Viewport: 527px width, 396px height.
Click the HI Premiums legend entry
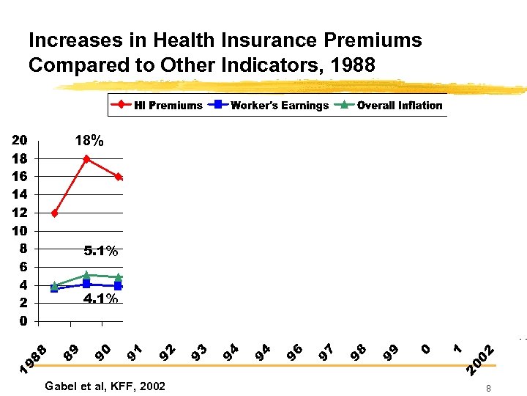coord(157,105)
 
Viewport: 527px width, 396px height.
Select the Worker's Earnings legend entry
coord(269,105)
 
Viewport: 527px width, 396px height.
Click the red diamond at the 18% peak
coord(86,158)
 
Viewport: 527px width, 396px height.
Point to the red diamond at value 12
coord(55,213)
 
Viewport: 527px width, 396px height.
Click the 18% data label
coord(89,141)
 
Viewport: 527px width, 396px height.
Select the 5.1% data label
coord(101,252)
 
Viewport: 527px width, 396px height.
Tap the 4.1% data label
coord(101,298)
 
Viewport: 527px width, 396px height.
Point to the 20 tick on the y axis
coord(20,140)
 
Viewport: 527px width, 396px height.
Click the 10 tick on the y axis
coord(20,231)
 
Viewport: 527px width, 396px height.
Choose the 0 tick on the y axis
coord(23,321)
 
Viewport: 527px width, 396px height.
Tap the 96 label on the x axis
coord(295,353)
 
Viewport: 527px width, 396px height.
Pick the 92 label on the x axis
coord(168,353)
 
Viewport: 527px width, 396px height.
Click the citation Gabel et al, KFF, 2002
coord(105,386)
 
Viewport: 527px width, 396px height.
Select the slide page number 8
coord(487,388)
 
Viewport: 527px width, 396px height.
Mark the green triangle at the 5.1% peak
coord(86,275)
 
